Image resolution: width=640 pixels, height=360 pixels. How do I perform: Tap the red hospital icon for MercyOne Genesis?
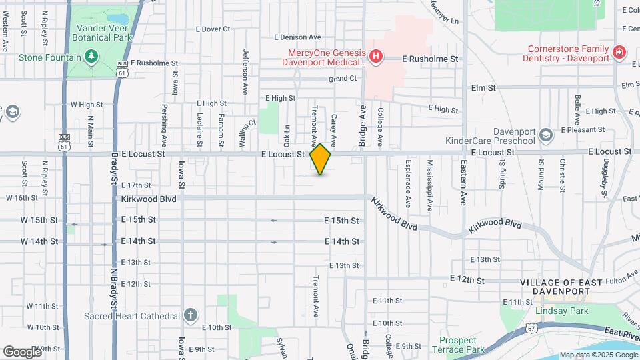(376, 56)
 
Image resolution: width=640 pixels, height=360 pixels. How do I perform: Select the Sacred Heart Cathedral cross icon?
(191, 315)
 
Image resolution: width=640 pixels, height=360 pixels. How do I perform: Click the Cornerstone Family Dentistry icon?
(619, 52)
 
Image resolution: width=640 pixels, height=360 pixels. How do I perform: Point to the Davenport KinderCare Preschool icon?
(545, 135)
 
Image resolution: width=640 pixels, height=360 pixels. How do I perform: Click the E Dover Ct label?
(213, 29)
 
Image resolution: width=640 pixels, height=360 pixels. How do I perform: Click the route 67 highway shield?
(531, 328)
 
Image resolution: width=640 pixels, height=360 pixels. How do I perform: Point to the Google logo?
(23, 351)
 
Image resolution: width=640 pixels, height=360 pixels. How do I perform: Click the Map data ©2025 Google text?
(598, 355)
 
